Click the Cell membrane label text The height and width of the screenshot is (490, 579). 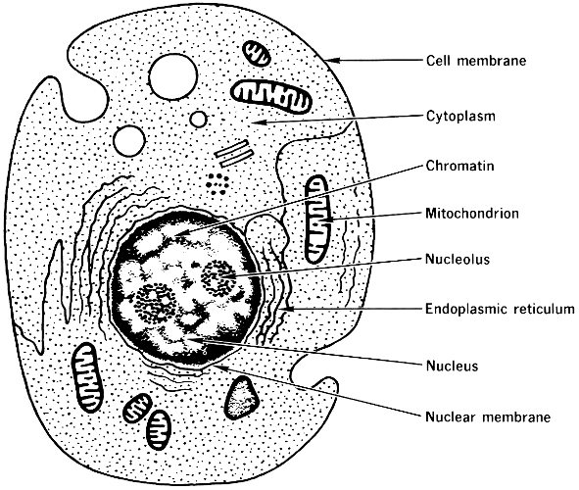[x=476, y=61]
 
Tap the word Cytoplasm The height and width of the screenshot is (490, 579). [x=460, y=117]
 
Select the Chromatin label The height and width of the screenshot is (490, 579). [x=459, y=166]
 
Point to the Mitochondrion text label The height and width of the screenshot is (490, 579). [x=472, y=213]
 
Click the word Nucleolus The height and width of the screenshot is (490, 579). [x=458, y=259]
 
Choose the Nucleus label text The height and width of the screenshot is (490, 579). [x=452, y=366]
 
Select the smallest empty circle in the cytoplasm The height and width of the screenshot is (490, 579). [x=199, y=119]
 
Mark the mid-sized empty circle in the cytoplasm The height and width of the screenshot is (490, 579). [x=129, y=141]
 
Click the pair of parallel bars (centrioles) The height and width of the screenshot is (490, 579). [x=234, y=153]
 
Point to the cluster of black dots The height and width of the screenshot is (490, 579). [x=217, y=183]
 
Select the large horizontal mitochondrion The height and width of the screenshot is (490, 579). [x=271, y=96]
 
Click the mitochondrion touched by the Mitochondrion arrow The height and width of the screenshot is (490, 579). [x=316, y=220]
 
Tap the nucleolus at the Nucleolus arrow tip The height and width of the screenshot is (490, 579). [x=218, y=278]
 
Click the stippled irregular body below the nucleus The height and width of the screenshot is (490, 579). [x=242, y=398]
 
